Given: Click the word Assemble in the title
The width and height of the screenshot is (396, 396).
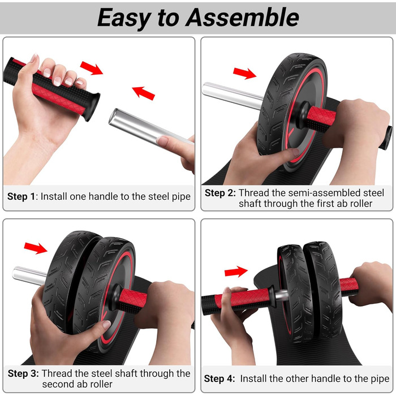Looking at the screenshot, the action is pyautogui.click(x=242, y=17).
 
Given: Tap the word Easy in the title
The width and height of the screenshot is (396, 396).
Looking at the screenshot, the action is pyautogui.click(x=124, y=19).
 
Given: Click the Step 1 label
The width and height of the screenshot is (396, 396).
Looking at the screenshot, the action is pyautogui.click(x=21, y=196).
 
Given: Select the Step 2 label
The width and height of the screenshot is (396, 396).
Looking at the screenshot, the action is pyautogui.click(x=220, y=193).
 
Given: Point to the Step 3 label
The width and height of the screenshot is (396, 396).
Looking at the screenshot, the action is pyautogui.click(x=23, y=373).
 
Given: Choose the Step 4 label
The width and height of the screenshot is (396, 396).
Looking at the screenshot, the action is pyautogui.click(x=219, y=379).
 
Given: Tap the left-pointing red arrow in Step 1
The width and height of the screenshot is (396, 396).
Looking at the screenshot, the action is pyautogui.click(x=143, y=93).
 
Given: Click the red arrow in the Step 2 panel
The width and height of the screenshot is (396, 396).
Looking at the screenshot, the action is pyautogui.click(x=244, y=73).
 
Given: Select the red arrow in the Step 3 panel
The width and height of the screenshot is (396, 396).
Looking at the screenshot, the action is pyautogui.click(x=36, y=248).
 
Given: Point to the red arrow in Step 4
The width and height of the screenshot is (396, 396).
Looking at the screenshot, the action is pyautogui.click(x=236, y=272).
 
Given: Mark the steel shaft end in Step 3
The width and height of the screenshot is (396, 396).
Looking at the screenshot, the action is pyautogui.click(x=29, y=276).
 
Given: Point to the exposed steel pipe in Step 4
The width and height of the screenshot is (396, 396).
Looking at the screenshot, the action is pyautogui.click(x=281, y=295).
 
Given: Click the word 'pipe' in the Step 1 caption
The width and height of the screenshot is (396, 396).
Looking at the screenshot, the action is pyautogui.click(x=181, y=197).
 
